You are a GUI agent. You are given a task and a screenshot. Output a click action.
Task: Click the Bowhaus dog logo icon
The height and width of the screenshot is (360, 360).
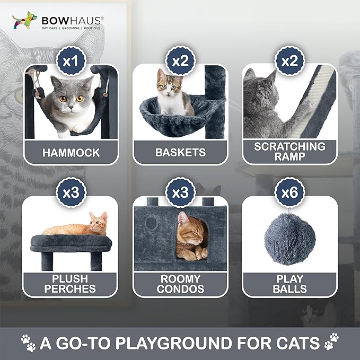click(23, 21)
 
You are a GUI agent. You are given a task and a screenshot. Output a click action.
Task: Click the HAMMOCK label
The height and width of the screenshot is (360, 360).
click(71, 153)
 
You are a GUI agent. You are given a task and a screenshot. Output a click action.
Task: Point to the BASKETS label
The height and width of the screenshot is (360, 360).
click(180, 153)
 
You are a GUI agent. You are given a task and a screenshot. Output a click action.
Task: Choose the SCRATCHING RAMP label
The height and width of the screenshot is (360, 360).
click(289, 151)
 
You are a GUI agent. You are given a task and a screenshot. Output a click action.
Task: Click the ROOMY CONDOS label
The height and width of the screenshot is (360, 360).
click(180, 283)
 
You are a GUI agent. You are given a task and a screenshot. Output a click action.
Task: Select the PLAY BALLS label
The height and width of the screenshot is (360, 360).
click(289, 283)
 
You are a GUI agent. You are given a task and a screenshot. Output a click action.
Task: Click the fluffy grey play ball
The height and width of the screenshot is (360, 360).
click(289, 239)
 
